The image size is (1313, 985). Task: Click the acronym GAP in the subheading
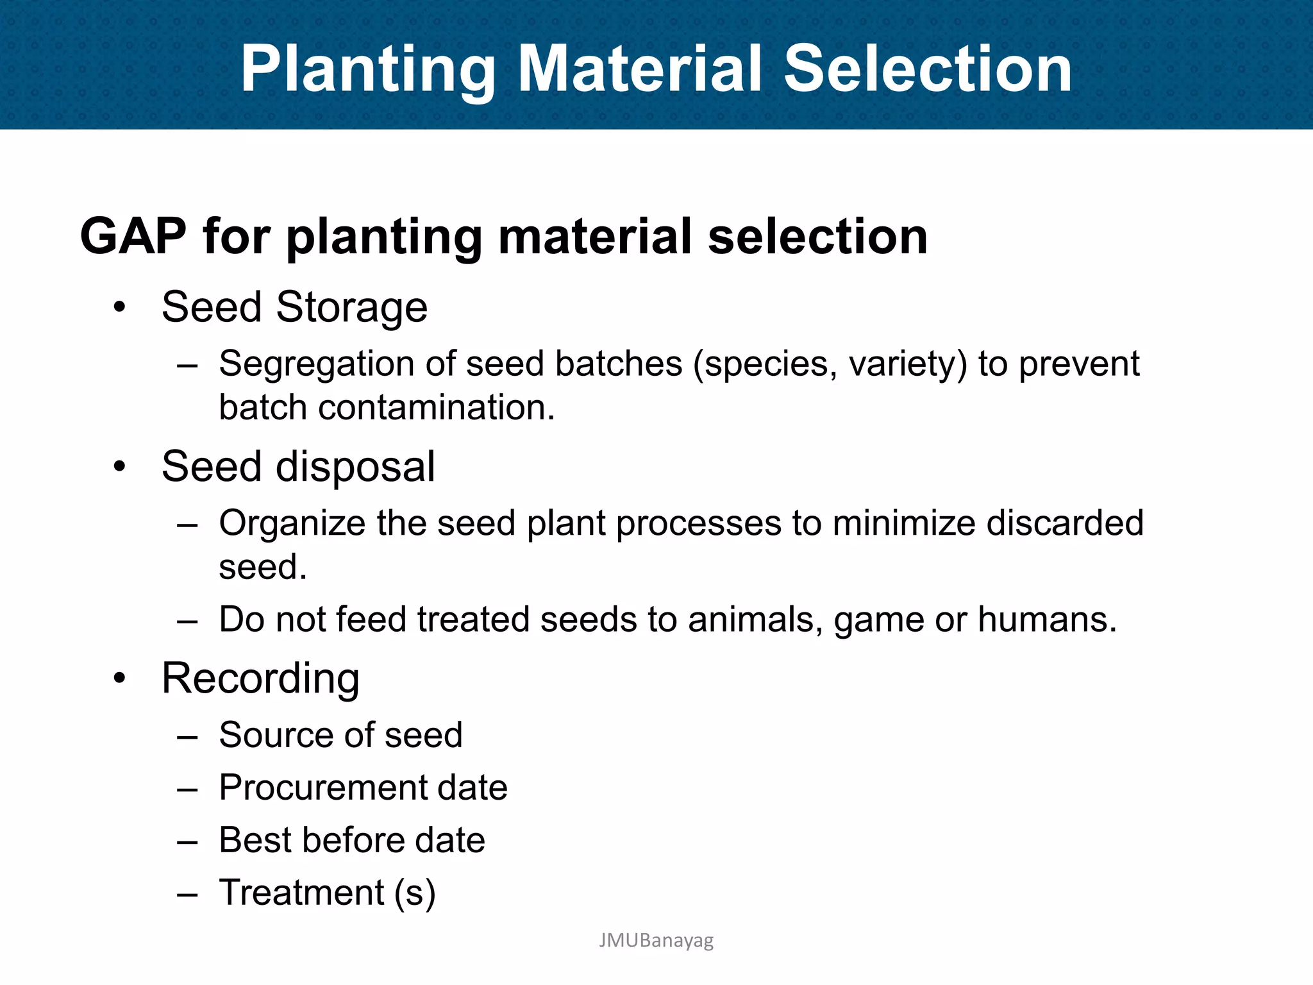[x=133, y=236]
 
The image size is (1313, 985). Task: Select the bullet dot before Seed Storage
[x=119, y=307]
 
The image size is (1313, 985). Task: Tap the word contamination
[x=436, y=408]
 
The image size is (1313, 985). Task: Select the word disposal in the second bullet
[x=355, y=466]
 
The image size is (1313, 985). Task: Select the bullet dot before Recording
[x=119, y=678]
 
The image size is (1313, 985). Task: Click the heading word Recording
[x=260, y=678]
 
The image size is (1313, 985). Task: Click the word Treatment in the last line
[x=301, y=893]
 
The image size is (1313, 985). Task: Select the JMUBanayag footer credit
[x=656, y=941]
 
